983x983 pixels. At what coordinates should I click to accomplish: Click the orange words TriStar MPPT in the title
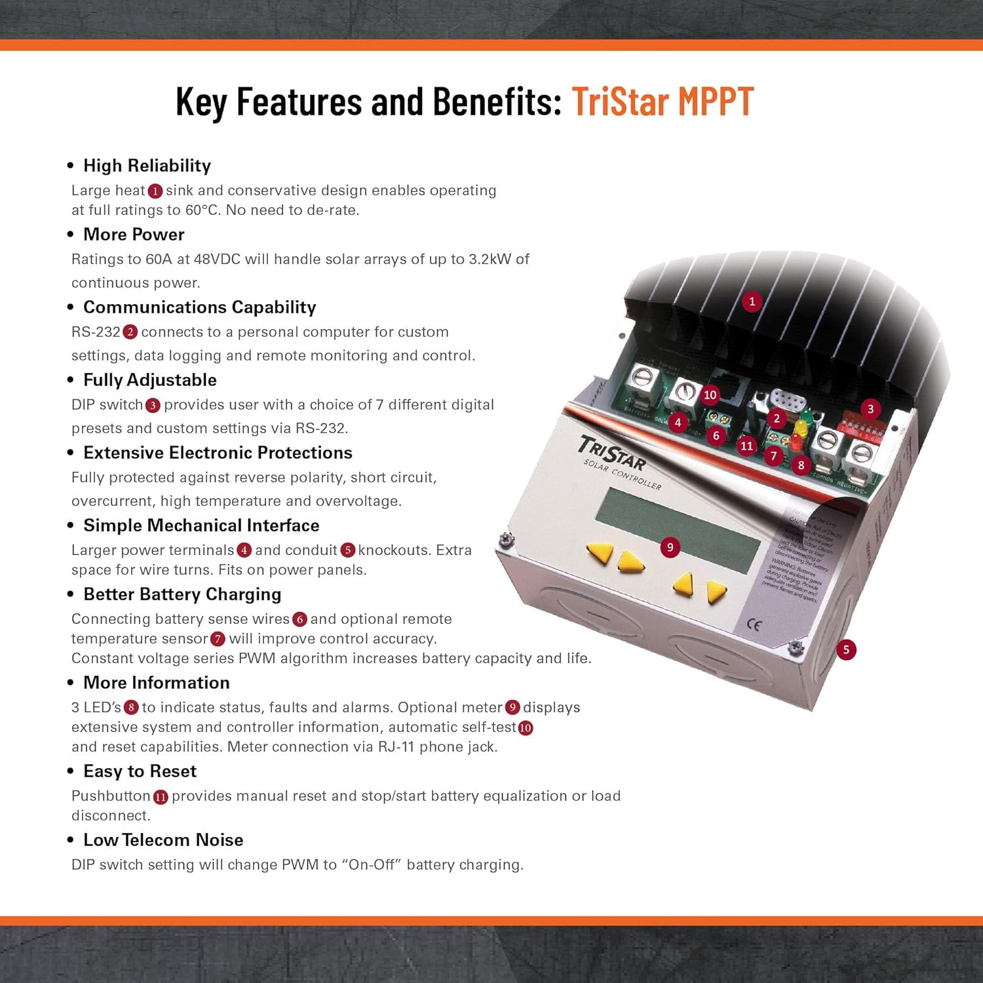point(663,102)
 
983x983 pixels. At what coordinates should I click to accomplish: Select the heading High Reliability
point(147,166)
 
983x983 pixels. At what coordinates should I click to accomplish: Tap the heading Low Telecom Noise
point(163,840)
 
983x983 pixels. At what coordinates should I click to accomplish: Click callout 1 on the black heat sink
point(752,301)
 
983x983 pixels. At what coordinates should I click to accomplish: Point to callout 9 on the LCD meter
point(669,547)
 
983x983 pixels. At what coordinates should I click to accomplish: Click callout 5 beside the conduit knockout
point(846,649)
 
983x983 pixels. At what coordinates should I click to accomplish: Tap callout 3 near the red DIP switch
point(870,409)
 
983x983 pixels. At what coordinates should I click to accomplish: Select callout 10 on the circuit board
point(710,395)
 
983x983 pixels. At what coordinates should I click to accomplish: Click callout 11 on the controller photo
point(746,446)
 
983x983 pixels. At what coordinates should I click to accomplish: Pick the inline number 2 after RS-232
point(130,332)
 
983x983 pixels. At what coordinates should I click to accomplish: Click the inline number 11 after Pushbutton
point(161,797)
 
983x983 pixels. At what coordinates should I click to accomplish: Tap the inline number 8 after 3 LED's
point(131,708)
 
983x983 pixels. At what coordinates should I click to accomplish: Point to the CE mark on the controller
point(754,625)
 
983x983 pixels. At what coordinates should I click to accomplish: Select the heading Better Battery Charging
point(182,594)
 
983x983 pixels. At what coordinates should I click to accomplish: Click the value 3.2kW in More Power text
point(490,260)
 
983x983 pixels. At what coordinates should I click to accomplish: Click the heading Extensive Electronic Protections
point(218,453)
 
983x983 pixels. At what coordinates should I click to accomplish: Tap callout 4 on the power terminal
point(678,422)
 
